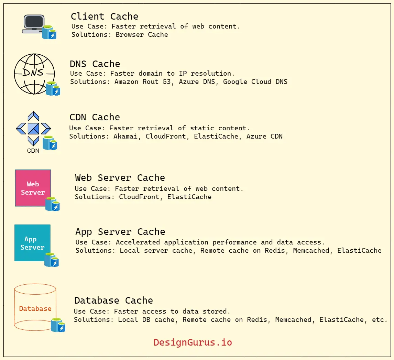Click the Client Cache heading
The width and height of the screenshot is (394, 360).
pos(105,17)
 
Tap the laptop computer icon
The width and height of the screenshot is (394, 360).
pos(34,24)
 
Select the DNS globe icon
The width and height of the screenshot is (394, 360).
pos(34,74)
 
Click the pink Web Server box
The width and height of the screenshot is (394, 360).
pos(33,188)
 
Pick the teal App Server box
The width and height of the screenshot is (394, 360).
pos(32,243)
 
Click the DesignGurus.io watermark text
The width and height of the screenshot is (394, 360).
pos(193,342)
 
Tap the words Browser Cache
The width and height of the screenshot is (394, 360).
pos(142,34)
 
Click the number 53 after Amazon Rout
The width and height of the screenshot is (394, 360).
pos(167,81)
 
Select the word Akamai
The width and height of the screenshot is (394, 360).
pos(125,136)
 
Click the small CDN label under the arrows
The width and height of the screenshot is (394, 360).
pos(33,151)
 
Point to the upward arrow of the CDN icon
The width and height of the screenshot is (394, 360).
pos(33,116)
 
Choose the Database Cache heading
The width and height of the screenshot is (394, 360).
pos(113,301)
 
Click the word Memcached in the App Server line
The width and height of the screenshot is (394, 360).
pos(311,250)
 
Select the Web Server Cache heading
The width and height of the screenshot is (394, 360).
pos(120,178)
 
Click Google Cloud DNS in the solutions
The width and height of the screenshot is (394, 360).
pos(255,81)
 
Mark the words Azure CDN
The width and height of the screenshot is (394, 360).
pos(264,136)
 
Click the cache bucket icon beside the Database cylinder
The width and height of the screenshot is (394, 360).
pos(58,325)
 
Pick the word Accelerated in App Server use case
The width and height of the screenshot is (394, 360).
pos(138,242)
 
